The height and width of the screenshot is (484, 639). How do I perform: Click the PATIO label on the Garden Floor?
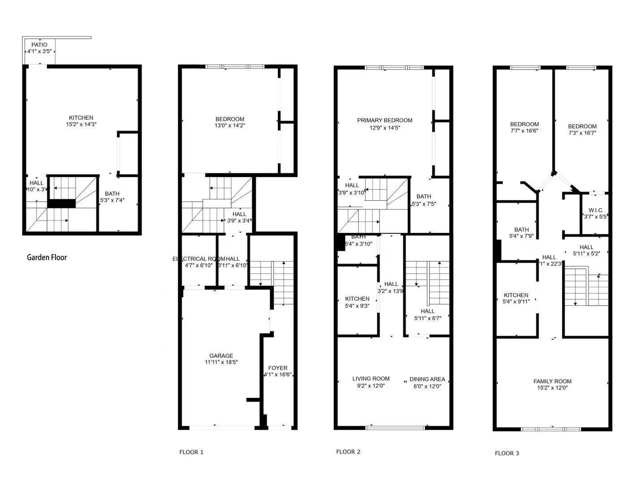click(39, 45)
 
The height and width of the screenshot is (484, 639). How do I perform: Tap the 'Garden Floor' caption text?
click(47, 257)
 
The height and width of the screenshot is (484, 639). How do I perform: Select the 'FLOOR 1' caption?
click(191, 452)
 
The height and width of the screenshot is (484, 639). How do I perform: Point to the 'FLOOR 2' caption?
click(348, 452)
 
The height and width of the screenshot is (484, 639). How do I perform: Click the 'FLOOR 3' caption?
click(507, 453)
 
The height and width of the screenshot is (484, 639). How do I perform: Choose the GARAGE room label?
click(221, 356)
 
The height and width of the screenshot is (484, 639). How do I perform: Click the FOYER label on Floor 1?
click(278, 368)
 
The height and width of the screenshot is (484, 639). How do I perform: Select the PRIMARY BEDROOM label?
click(384, 120)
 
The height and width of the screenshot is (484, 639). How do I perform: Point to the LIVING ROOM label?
click(371, 379)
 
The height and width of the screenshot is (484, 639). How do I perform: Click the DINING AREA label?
click(427, 379)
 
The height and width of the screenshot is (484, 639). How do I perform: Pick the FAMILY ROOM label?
click(552, 381)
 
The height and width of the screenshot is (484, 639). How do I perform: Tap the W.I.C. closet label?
click(596, 210)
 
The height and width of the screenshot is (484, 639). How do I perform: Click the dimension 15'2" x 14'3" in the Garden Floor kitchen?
click(81, 124)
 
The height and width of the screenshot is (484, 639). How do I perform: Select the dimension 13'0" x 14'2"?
click(230, 125)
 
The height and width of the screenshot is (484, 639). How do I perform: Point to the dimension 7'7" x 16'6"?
click(524, 131)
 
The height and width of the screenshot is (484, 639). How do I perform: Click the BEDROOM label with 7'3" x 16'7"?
click(582, 126)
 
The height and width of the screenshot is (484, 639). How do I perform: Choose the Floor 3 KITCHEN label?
click(516, 295)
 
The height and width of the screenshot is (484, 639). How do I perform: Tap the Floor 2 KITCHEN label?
click(357, 299)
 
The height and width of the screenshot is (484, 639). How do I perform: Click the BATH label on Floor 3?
click(521, 230)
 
